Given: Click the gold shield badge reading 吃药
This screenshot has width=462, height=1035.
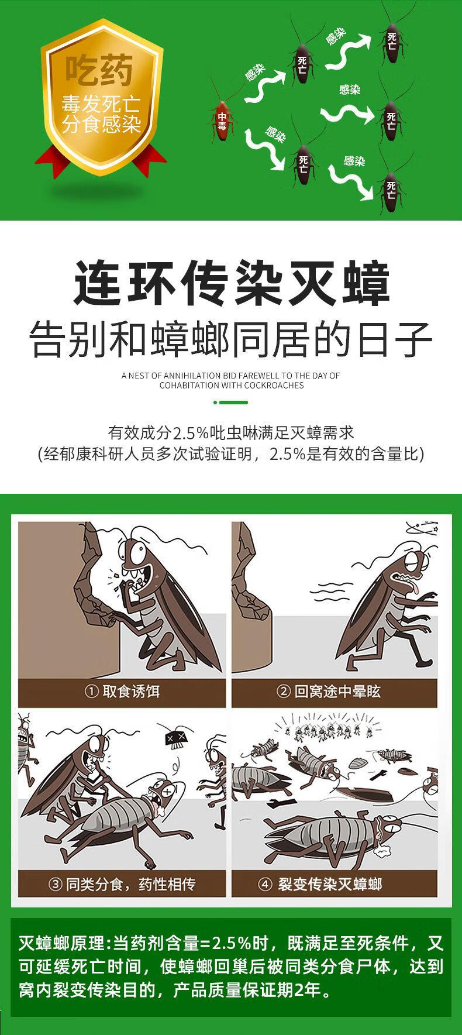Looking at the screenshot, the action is point(101,97).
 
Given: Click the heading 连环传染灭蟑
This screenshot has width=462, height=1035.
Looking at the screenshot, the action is point(231,284).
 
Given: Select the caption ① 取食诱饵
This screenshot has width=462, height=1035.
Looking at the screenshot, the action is point(122,692).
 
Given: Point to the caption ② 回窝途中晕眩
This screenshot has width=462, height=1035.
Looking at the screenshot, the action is point(329,692).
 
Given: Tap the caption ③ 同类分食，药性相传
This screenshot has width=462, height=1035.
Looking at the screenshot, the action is point(122,883).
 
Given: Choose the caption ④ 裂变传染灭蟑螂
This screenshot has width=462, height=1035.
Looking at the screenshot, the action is point(321,883).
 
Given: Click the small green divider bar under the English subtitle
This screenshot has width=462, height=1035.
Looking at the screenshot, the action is point(231,403).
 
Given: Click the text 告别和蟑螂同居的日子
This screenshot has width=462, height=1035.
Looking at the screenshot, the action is point(231,339).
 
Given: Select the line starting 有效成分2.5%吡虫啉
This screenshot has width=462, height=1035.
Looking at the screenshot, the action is point(231,433).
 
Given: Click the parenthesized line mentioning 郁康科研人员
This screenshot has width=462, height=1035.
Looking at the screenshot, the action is point(231,454).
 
